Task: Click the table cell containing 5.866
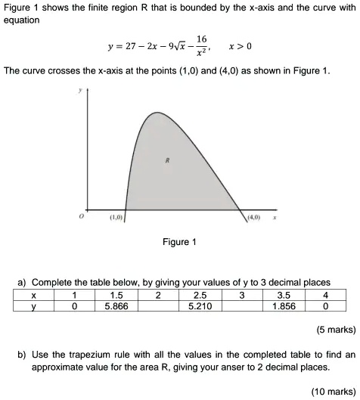pyautogui.click(x=116, y=305)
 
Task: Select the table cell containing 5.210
pyautogui.click(x=200, y=305)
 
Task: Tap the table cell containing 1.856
pyautogui.click(x=283, y=305)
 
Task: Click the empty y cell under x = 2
pyautogui.click(x=157, y=305)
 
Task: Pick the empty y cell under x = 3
pyautogui.click(x=241, y=305)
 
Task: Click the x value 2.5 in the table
pyautogui.click(x=200, y=294)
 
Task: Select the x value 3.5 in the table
pyautogui.click(x=283, y=294)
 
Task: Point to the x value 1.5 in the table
pyautogui.click(x=116, y=294)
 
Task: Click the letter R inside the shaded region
pyautogui.click(x=166, y=161)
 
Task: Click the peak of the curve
pyautogui.click(x=157, y=113)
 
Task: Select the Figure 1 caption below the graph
pyautogui.click(x=179, y=242)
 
